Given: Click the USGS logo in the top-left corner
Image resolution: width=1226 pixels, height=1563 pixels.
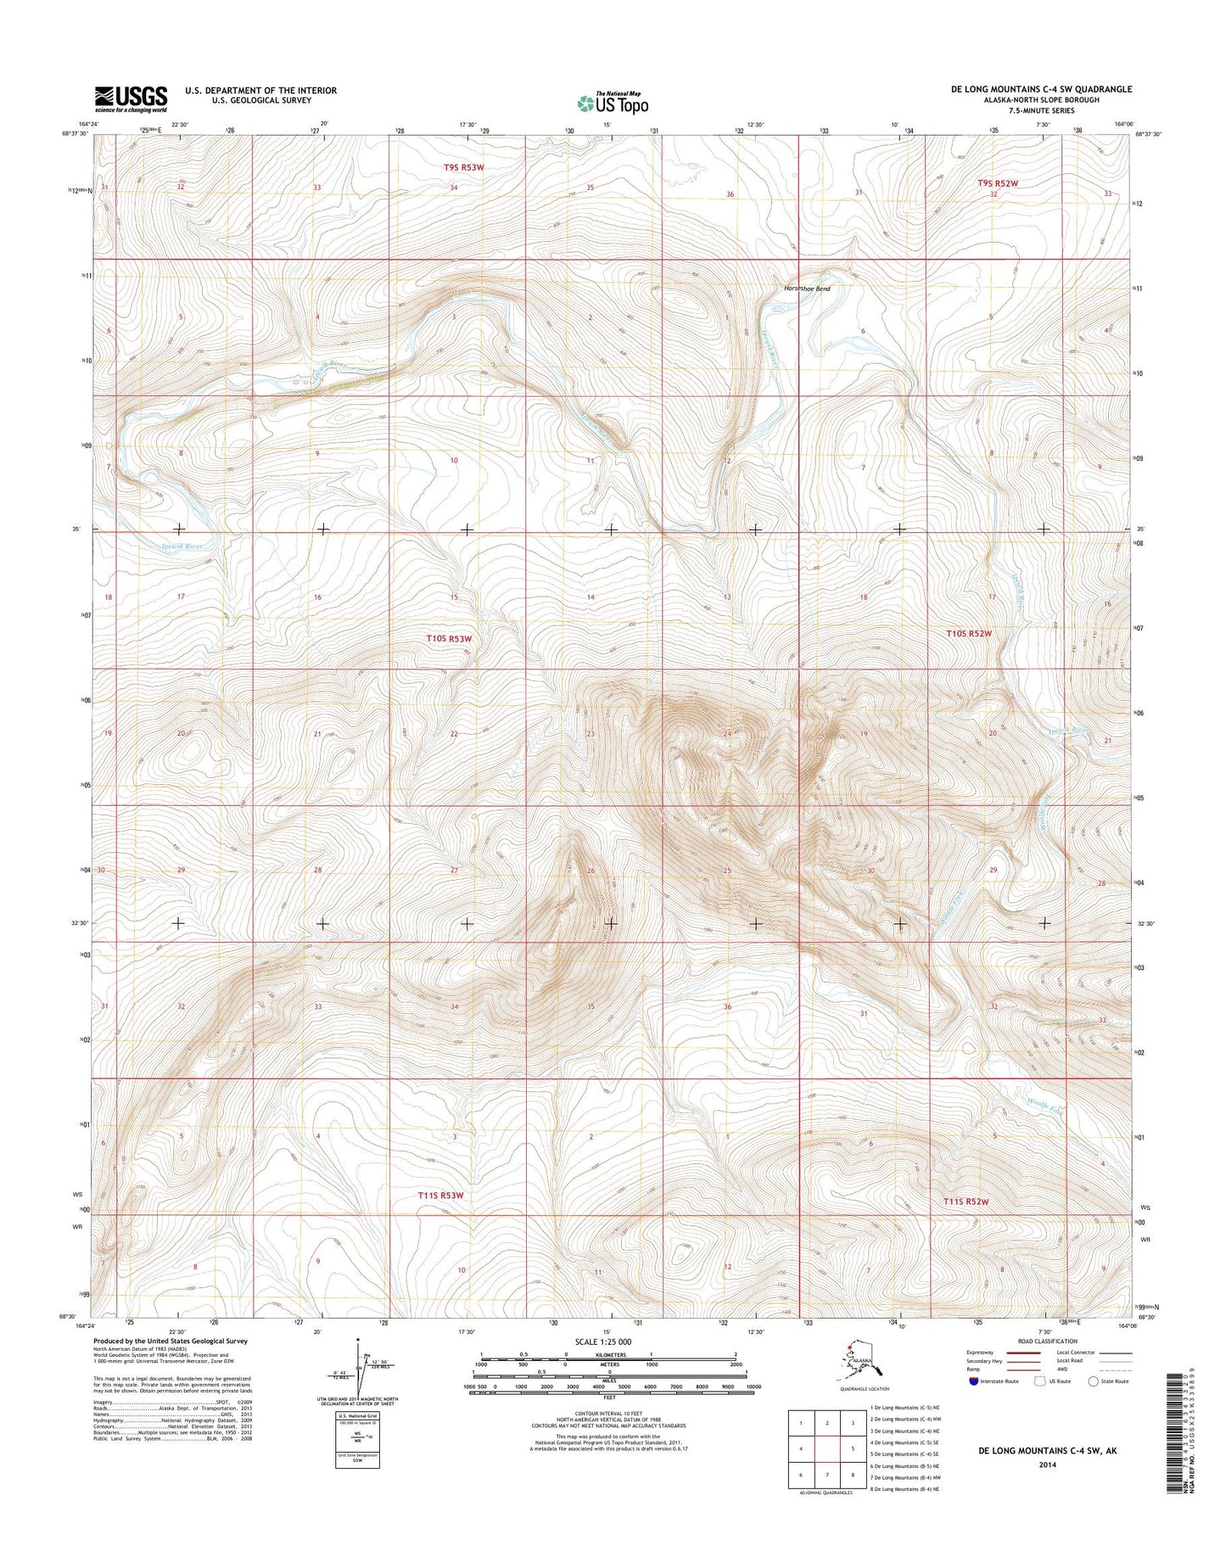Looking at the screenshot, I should tap(131, 98).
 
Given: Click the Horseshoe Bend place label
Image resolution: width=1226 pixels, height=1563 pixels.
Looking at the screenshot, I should tap(806, 289).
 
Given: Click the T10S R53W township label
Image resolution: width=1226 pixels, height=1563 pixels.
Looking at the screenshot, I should tap(449, 637).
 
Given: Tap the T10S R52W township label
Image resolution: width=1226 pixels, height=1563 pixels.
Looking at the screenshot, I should tap(970, 634).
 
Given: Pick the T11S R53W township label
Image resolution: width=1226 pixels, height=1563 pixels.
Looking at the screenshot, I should tap(441, 1196).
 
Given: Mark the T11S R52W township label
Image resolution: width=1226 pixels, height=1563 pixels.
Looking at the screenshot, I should tap(966, 1202).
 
